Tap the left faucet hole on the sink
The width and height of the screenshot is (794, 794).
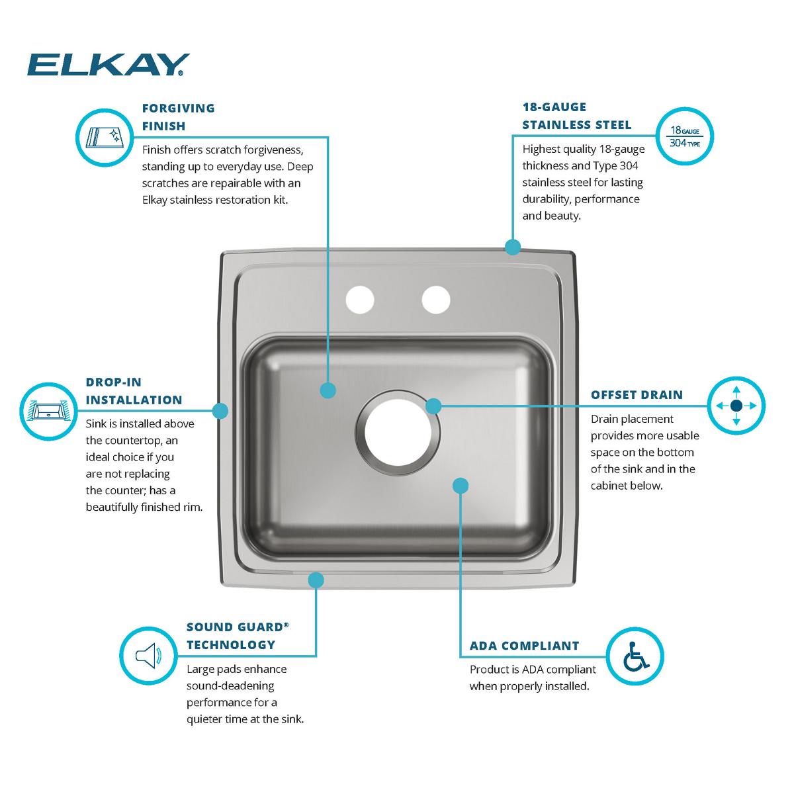click(x=359, y=299)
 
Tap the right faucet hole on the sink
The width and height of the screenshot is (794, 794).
click(x=436, y=299)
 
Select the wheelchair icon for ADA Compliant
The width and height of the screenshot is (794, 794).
click(x=635, y=656)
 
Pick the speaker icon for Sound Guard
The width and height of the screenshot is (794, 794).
click(x=148, y=656)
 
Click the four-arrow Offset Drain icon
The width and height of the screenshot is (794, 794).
click(x=736, y=406)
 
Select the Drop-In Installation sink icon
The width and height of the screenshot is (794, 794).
click(x=48, y=411)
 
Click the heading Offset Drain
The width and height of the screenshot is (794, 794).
click(x=637, y=395)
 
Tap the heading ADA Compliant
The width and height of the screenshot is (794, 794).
click(x=524, y=646)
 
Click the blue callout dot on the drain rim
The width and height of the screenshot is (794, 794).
click(x=433, y=406)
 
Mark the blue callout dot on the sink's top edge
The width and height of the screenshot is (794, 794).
click(x=512, y=247)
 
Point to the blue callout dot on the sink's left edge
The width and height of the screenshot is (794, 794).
click(x=220, y=411)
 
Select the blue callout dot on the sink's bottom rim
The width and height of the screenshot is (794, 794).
click(x=316, y=580)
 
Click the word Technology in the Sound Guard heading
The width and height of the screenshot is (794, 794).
click(x=230, y=644)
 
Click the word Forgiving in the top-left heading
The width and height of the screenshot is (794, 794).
click(x=179, y=108)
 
